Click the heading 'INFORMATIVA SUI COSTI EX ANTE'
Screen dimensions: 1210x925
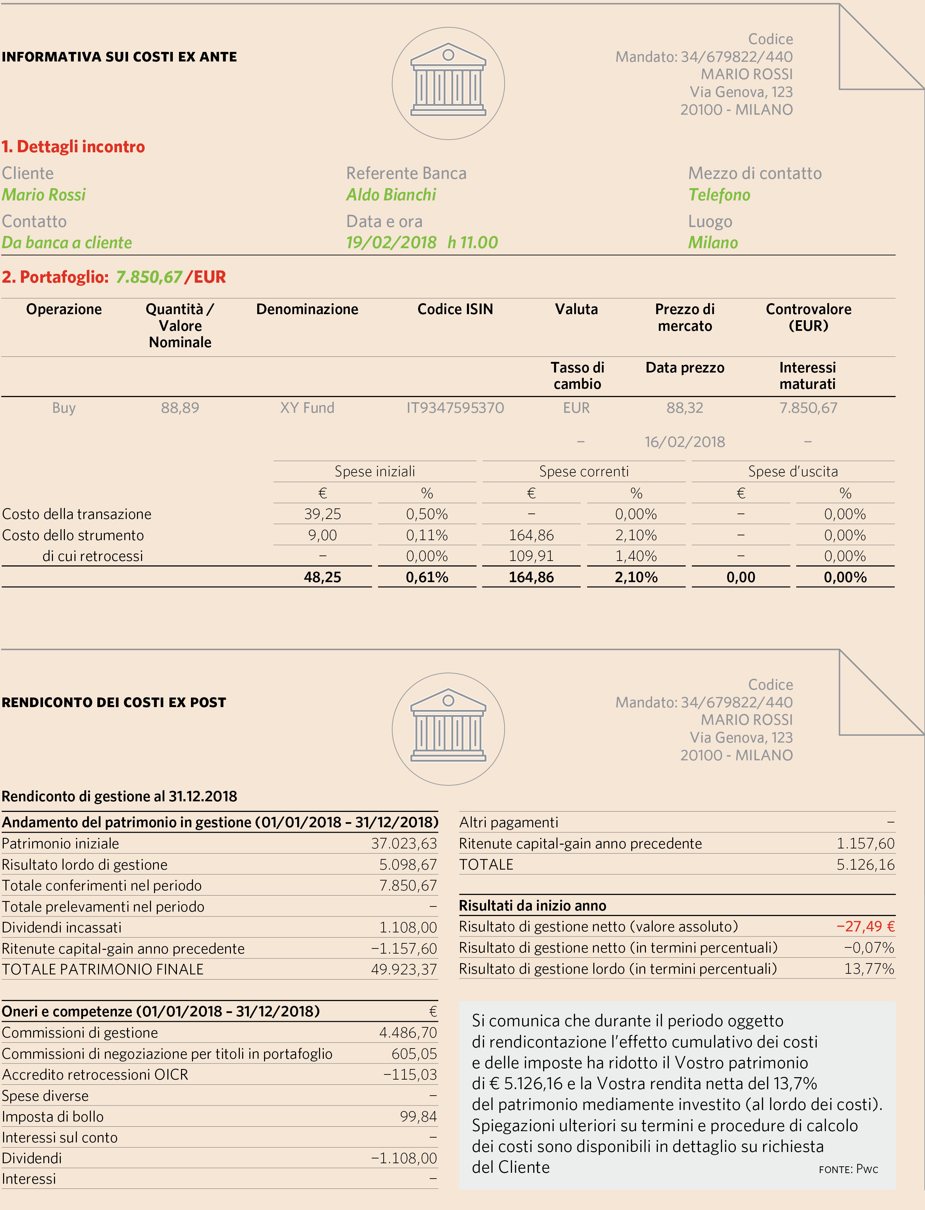point(120,57)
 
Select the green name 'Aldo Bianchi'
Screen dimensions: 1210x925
point(391,195)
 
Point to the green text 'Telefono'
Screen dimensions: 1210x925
point(719,195)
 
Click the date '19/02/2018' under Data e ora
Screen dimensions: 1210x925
point(391,243)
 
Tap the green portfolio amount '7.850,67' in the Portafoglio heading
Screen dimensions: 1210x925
point(149,277)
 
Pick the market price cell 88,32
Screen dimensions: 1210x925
point(685,408)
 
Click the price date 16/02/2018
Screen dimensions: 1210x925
point(685,442)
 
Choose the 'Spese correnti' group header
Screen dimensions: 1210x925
point(584,472)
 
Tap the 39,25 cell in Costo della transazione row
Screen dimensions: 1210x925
point(323,514)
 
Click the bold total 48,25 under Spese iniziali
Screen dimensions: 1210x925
point(323,577)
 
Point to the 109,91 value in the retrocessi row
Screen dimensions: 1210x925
point(531,556)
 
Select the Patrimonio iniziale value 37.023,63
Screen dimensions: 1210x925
point(404,844)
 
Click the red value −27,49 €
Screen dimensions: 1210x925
point(866,927)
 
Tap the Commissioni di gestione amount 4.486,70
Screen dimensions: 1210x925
point(408,1033)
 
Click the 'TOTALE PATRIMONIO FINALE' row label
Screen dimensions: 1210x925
point(103,970)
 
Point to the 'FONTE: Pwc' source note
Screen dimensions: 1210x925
point(848,1169)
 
